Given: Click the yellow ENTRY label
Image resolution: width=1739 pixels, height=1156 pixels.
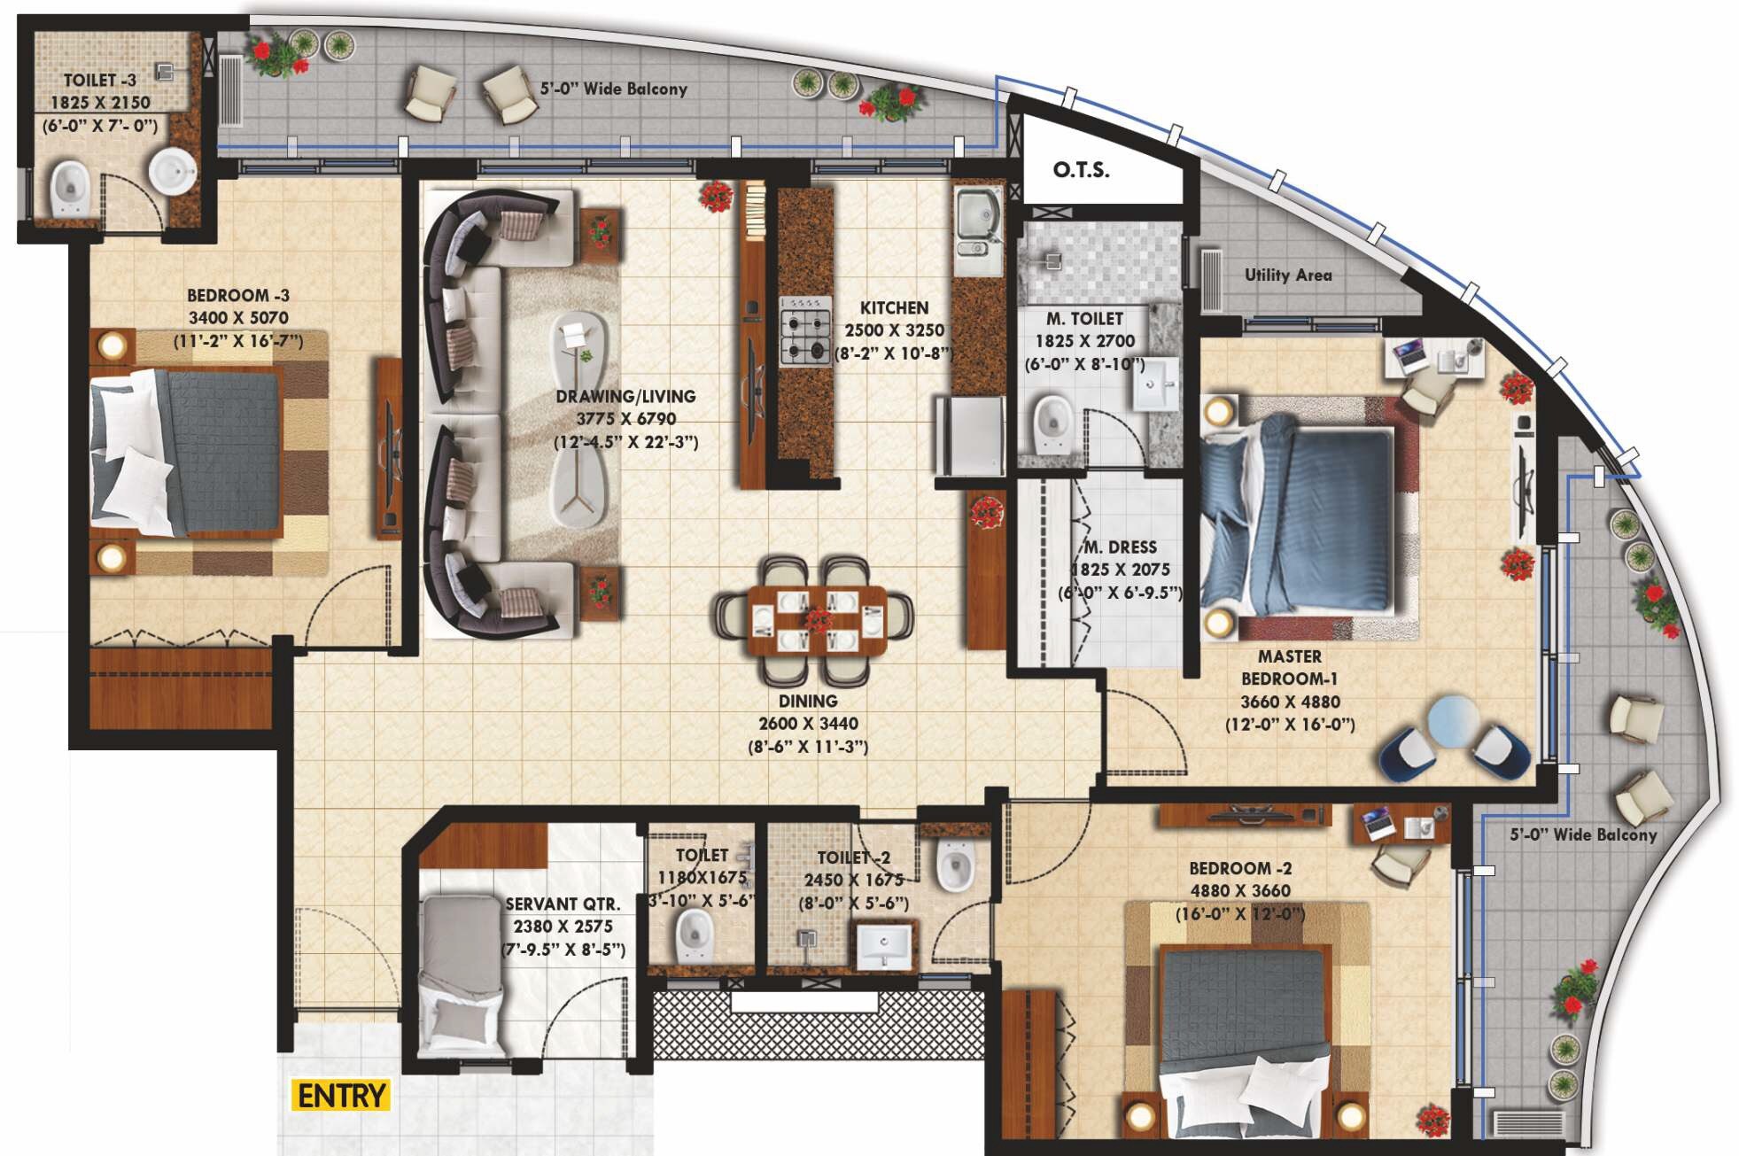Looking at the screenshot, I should click(x=340, y=1096).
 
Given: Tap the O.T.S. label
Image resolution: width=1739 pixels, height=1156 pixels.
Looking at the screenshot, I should click(x=1080, y=169).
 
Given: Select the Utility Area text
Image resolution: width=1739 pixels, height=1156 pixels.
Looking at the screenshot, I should click(x=1287, y=275).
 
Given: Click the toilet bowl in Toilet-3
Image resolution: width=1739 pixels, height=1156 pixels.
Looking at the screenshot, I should click(x=70, y=188).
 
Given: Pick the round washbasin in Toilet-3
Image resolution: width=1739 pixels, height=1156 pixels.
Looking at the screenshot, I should click(x=172, y=170).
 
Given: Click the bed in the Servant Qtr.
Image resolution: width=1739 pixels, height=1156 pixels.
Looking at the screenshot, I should click(x=461, y=974).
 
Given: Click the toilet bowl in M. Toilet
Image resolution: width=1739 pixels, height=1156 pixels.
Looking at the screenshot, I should click(x=1052, y=423).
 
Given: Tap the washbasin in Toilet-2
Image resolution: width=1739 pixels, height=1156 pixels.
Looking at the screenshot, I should click(x=883, y=946).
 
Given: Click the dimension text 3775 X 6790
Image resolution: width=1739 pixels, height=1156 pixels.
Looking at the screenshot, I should click(x=625, y=419).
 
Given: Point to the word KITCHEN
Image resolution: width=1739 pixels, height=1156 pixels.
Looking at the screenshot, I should click(x=894, y=308).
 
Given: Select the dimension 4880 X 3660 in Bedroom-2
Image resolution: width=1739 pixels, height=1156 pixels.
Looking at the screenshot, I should click(x=1239, y=891).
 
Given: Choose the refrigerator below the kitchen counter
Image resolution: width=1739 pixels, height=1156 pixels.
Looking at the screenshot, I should click(x=970, y=436).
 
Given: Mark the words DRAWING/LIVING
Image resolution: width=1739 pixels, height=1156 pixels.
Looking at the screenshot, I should click(x=625, y=397).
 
